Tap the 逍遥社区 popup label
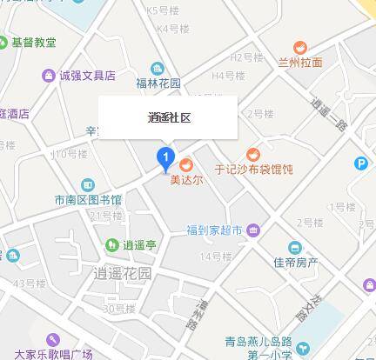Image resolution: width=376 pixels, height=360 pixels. tap(167, 117)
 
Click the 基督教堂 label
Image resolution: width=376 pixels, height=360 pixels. tap(33, 42)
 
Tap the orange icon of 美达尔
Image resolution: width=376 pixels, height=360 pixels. tap(185, 165)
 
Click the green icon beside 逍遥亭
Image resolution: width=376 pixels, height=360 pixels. tap(112, 245)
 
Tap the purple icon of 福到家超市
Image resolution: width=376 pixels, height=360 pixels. tap(252, 230)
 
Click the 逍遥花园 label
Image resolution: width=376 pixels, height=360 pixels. tap(121, 274)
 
